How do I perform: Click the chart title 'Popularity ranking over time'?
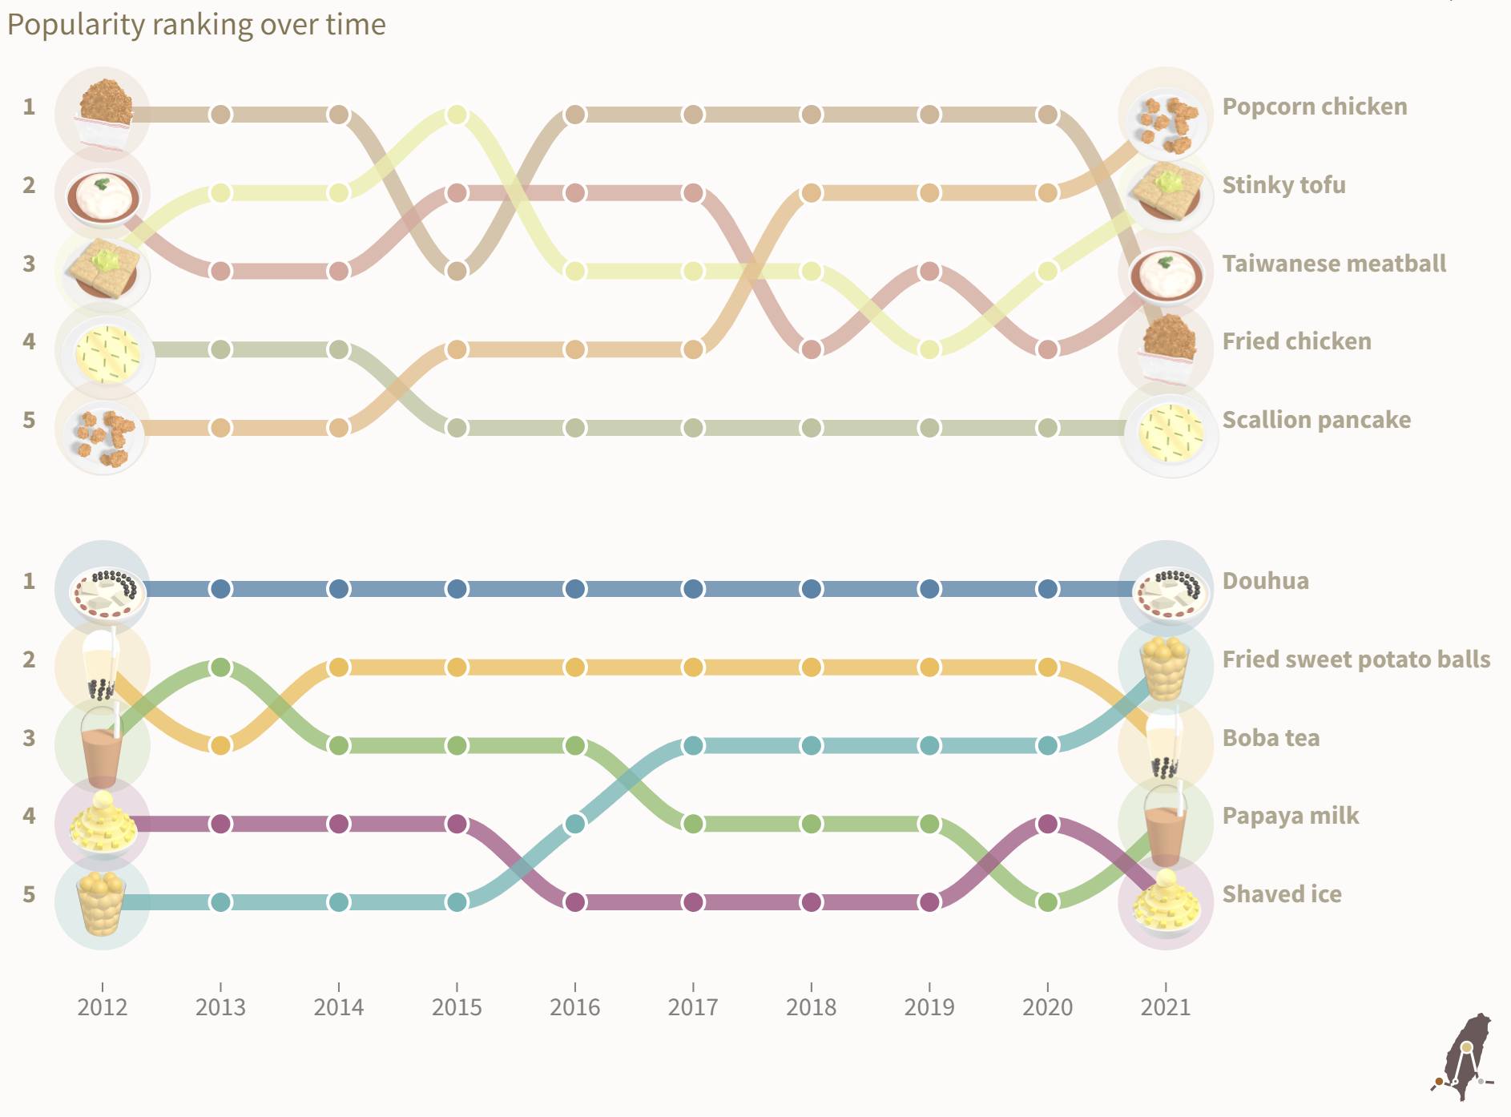point(196,25)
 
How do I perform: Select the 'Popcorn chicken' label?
point(1314,107)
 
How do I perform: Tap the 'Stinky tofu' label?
point(1283,185)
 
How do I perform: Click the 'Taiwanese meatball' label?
point(1334,264)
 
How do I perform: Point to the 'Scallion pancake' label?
point(1316,420)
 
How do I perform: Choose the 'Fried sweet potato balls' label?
point(1356,659)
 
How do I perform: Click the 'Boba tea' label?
point(1271,738)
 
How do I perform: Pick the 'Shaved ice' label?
point(1282,894)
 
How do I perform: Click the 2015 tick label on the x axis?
point(457,1007)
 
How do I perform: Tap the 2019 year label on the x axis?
point(929,1007)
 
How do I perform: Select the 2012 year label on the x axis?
point(103,1007)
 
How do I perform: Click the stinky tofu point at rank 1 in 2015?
point(457,115)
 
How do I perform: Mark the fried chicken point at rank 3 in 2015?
point(457,271)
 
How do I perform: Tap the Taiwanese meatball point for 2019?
point(929,271)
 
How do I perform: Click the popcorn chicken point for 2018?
point(812,193)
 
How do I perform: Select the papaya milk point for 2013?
point(220,667)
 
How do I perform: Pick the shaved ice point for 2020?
point(1047,824)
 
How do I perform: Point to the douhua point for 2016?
point(574,589)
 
